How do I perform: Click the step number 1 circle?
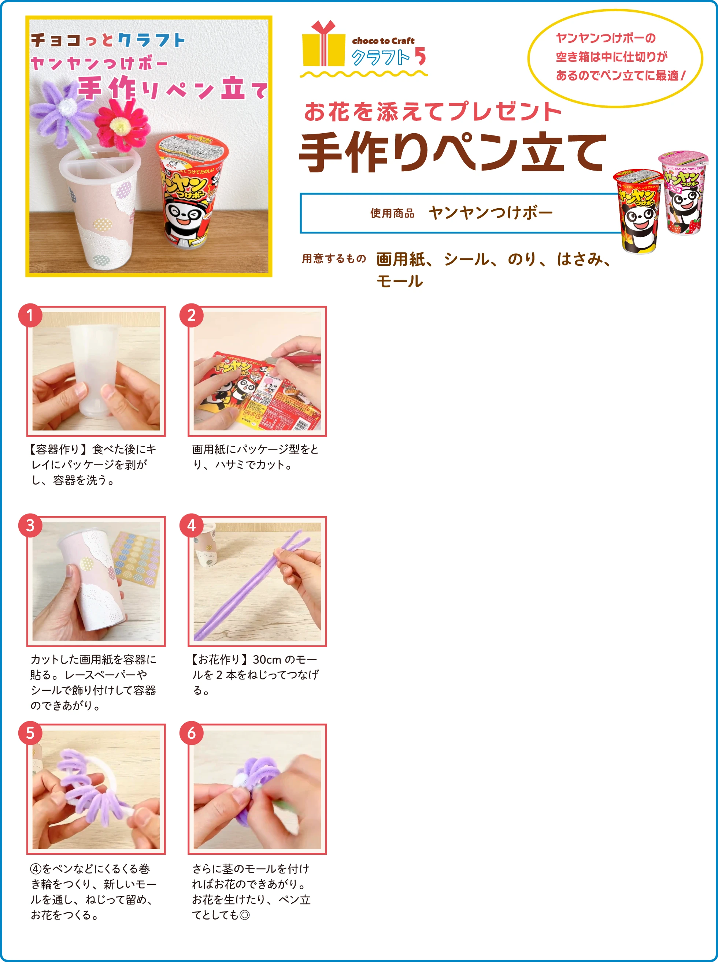[30, 315]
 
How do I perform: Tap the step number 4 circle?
[191, 526]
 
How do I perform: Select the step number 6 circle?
[191, 733]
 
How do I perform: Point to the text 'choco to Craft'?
[383, 41]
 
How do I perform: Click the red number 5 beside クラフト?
[420, 56]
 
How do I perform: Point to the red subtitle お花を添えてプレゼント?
[433, 112]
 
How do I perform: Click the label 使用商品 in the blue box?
[392, 213]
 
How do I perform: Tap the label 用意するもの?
[334, 259]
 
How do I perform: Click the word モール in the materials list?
[399, 281]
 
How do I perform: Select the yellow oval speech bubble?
[615, 57]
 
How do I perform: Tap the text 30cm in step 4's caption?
[267, 659]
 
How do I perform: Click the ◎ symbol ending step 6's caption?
[245, 915]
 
